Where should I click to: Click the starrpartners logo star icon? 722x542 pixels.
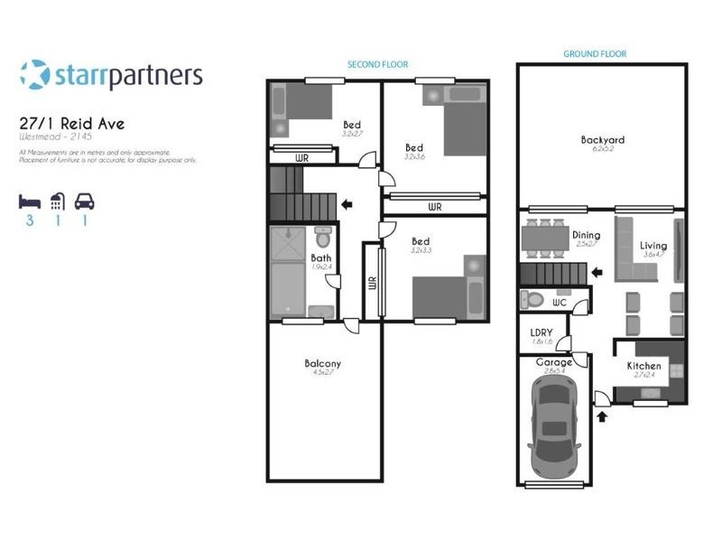pos(34,75)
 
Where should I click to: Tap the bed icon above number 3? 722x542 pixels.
pos(30,201)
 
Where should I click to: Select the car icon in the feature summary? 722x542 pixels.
pos(85,201)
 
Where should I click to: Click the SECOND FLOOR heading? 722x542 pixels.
pos(378,65)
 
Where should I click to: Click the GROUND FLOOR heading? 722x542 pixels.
pos(595,54)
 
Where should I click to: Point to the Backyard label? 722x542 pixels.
pos(602,141)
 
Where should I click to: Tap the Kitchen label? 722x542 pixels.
pos(644,367)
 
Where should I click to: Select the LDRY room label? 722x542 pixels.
pos(541,332)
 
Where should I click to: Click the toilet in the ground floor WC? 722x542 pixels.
pos(532,300)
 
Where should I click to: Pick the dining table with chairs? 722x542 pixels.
pos(544,237)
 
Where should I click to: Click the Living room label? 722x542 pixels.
pos(653,246)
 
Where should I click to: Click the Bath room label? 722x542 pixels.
pos(321,257)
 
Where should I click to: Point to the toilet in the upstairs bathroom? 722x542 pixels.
pos(323,239)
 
